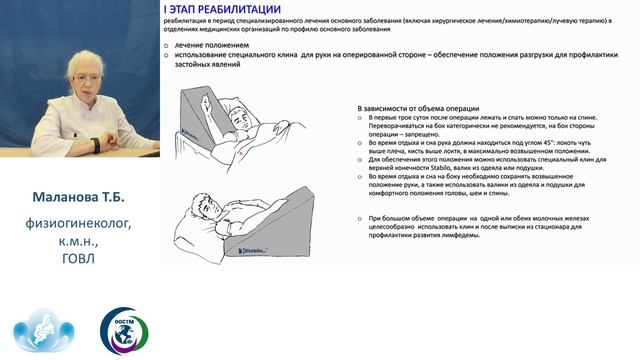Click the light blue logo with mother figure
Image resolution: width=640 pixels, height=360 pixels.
38,330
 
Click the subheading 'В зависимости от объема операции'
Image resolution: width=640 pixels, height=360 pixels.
419,107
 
